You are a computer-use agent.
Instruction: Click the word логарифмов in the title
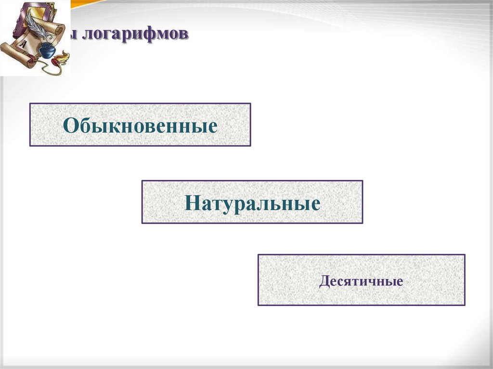[x=133, y=35]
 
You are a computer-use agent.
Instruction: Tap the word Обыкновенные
[x=140, y=126]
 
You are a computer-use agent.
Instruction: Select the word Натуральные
[x=252, y=203]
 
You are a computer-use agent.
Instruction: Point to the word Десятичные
[x=361, y=281]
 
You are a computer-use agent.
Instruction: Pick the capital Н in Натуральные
[x=190, y=203]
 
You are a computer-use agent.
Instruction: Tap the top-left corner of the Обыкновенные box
[x=30, y=103]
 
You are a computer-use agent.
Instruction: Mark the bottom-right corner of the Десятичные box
[x=465, y=305]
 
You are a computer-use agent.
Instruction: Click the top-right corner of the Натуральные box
[x=362, y=181]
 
